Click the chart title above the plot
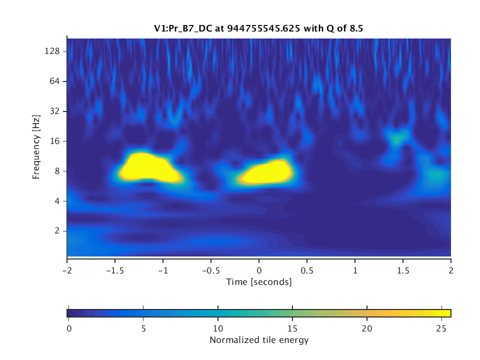259,28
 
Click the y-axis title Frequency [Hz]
36,147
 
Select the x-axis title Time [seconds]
259,282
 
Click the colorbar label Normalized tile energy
259,340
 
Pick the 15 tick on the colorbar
292,328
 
